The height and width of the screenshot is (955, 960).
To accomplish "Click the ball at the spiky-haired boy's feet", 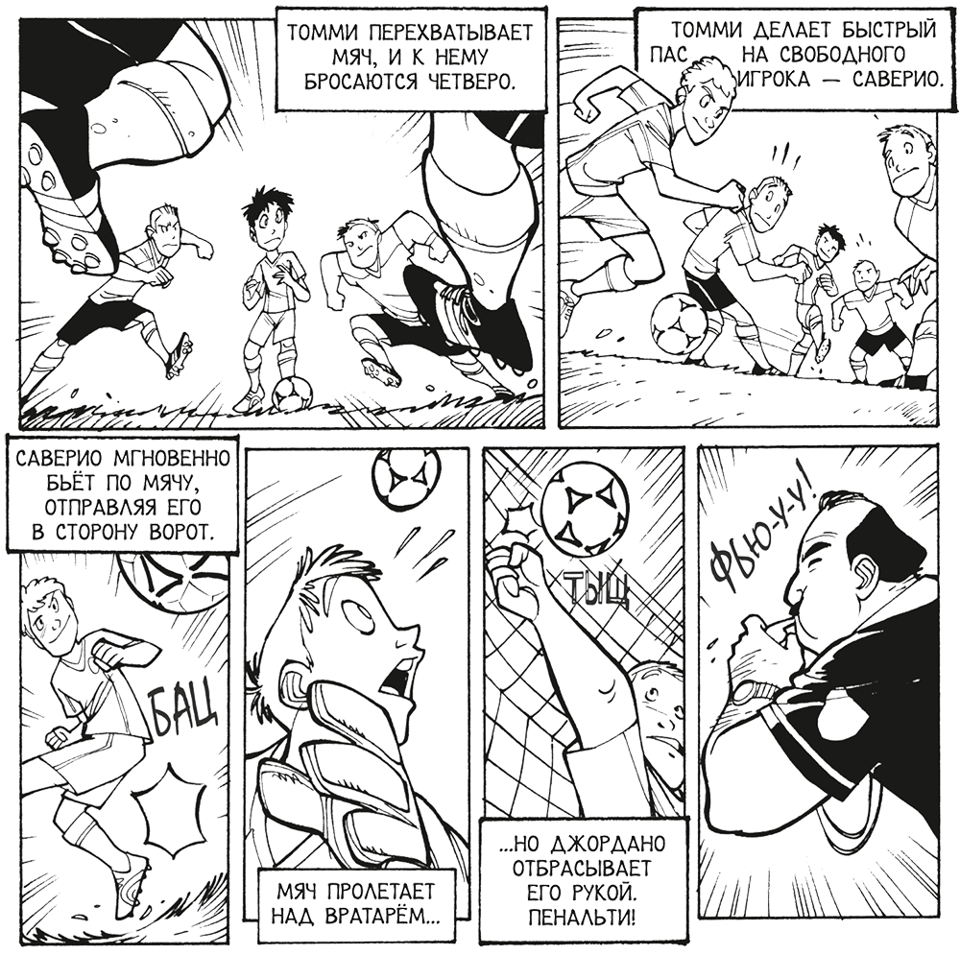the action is tap(292, 393).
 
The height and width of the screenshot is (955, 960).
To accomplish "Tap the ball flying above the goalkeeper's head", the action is tap(405, 479).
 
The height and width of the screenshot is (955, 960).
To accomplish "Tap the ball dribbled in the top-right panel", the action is tap(679, 322).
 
